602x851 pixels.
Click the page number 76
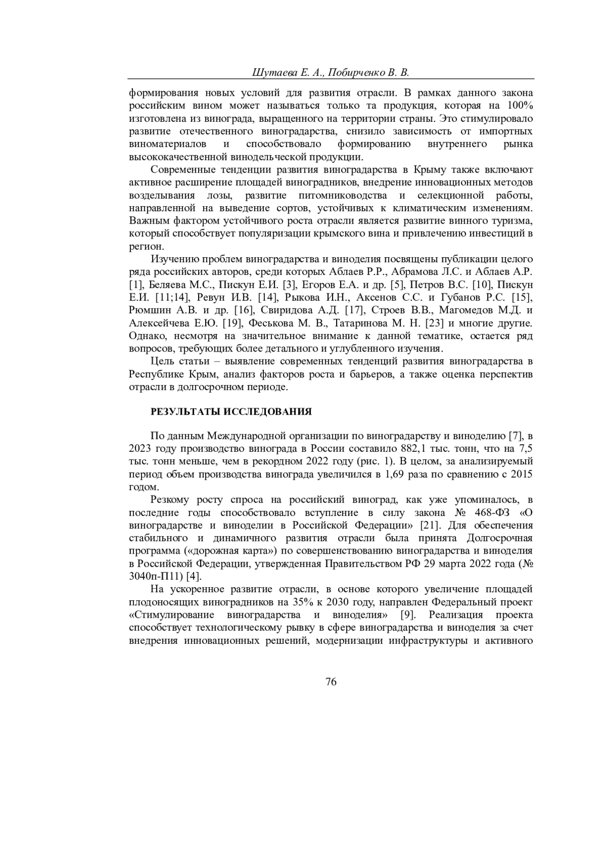coord(331,681)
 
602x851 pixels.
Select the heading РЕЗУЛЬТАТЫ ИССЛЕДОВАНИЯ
coord(231,412)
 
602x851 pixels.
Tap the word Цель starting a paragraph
coord(162,361)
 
